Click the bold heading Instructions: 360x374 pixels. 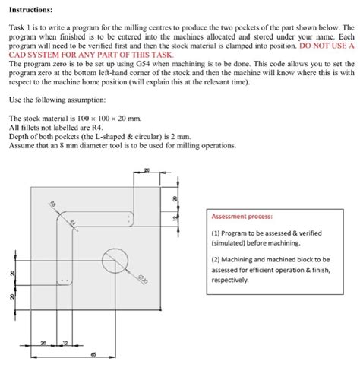(30, 11)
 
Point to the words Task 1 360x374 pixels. (19, 27)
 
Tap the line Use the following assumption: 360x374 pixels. (57, 100)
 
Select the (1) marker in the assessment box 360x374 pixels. (216, 233)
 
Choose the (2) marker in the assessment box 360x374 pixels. (216, 260)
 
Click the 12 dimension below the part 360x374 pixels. (65, 344)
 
